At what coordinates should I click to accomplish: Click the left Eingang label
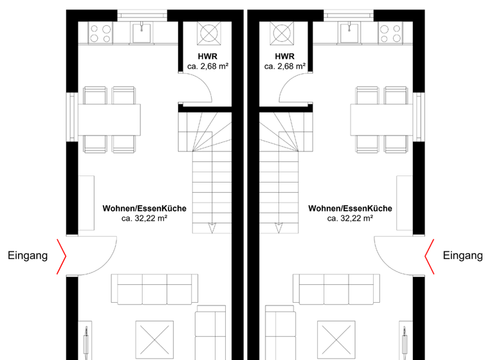[x=28, y=256]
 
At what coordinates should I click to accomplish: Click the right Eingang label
[x=463, y=256]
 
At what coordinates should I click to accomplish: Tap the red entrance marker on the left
[x=62, y=256]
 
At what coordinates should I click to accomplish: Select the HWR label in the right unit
[x=284, y=56]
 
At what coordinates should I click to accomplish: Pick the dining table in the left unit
[x=109, y=120]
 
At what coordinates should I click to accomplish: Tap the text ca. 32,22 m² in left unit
[x=145, y=219]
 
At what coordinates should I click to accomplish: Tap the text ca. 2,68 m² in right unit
[x=284, y=66]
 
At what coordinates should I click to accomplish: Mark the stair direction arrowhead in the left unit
[x=212, y=228]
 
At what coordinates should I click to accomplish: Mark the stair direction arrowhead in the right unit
[x=279, y=228]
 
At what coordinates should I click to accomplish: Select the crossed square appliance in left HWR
[x=209, y=33]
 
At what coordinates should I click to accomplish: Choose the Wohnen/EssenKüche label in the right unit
[x=350, y=209]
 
